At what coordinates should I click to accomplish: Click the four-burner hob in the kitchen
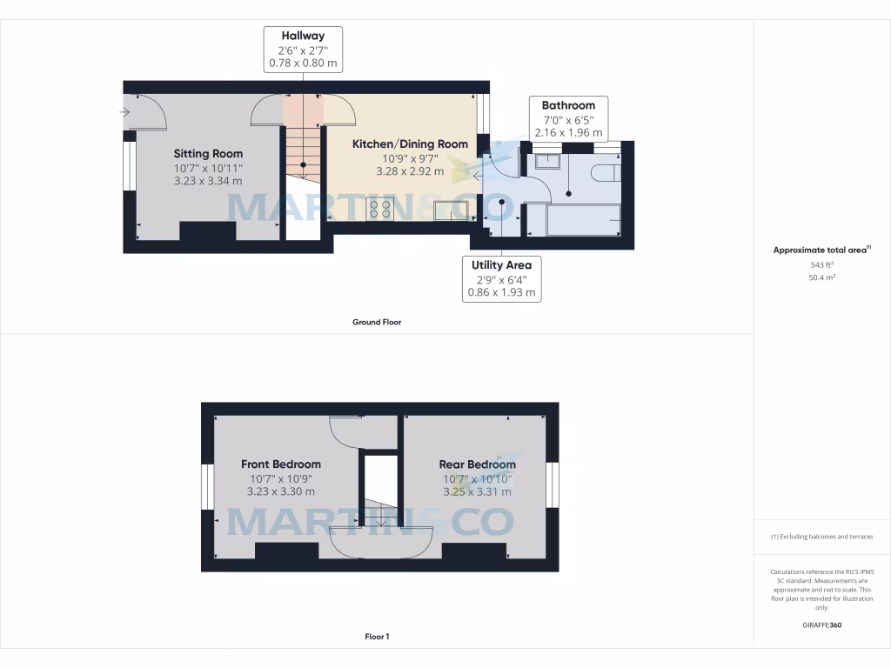(380, 209)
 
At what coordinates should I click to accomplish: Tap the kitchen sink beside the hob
(452, 210)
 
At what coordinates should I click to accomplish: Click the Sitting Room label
(208, 154)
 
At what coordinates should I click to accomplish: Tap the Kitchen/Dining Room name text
(410, 144)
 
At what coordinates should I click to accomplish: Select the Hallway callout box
(303, 50)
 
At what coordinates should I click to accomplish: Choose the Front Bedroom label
(280, 464)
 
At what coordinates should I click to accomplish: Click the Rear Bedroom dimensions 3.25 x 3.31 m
(476, 491)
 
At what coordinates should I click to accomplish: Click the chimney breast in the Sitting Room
(207, 232)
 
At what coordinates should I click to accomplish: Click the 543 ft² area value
(821, 264)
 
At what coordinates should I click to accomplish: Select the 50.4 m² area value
(821, 278)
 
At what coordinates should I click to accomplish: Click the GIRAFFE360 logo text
(821, 625)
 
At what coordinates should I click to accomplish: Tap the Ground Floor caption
(376, 322)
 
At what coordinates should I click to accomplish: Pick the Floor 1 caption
(376, 637)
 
